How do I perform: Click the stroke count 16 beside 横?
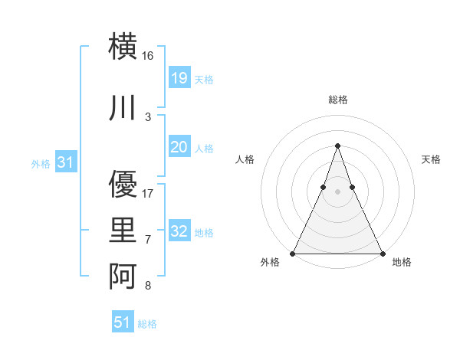pyautogui.click(x=148, y=56)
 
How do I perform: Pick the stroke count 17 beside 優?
pyautogui.click(x=148, y=193)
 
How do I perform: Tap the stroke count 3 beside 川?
pyautogui.click(x=148, y=116)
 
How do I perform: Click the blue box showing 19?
pyautogui.click(x=179, y=78)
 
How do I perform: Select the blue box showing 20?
pyautogui.click(x=179, y=147)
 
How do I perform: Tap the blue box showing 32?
pyautogui.click(x=179, y=231)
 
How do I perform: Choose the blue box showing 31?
pyautogui.click(x=66, y=162)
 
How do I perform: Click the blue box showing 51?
pyautogui.click(x=123, y=322)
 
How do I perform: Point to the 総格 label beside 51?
pyautogui.click(x=147, y=324)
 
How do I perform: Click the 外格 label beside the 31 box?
pyautogui.click(x=41, y=163)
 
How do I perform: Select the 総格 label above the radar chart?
pyautogui.click(x=337, y=100)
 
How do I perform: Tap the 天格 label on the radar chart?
pyautogui.click(x=431, y=159)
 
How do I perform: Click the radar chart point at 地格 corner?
pyautogui.click(x=382, y=253)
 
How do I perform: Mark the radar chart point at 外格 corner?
pyautogui.click(x=293, y=253)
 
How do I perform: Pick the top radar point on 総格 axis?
pyautogui.click(x=337, y=146)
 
